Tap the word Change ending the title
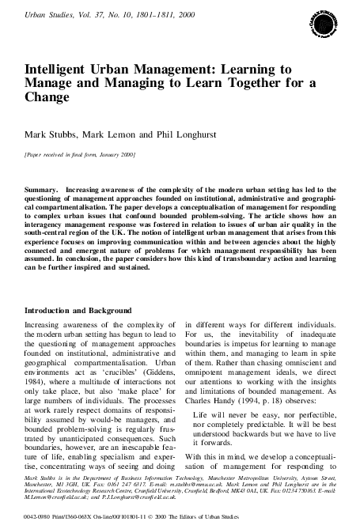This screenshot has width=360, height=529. tap(47, 100)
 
